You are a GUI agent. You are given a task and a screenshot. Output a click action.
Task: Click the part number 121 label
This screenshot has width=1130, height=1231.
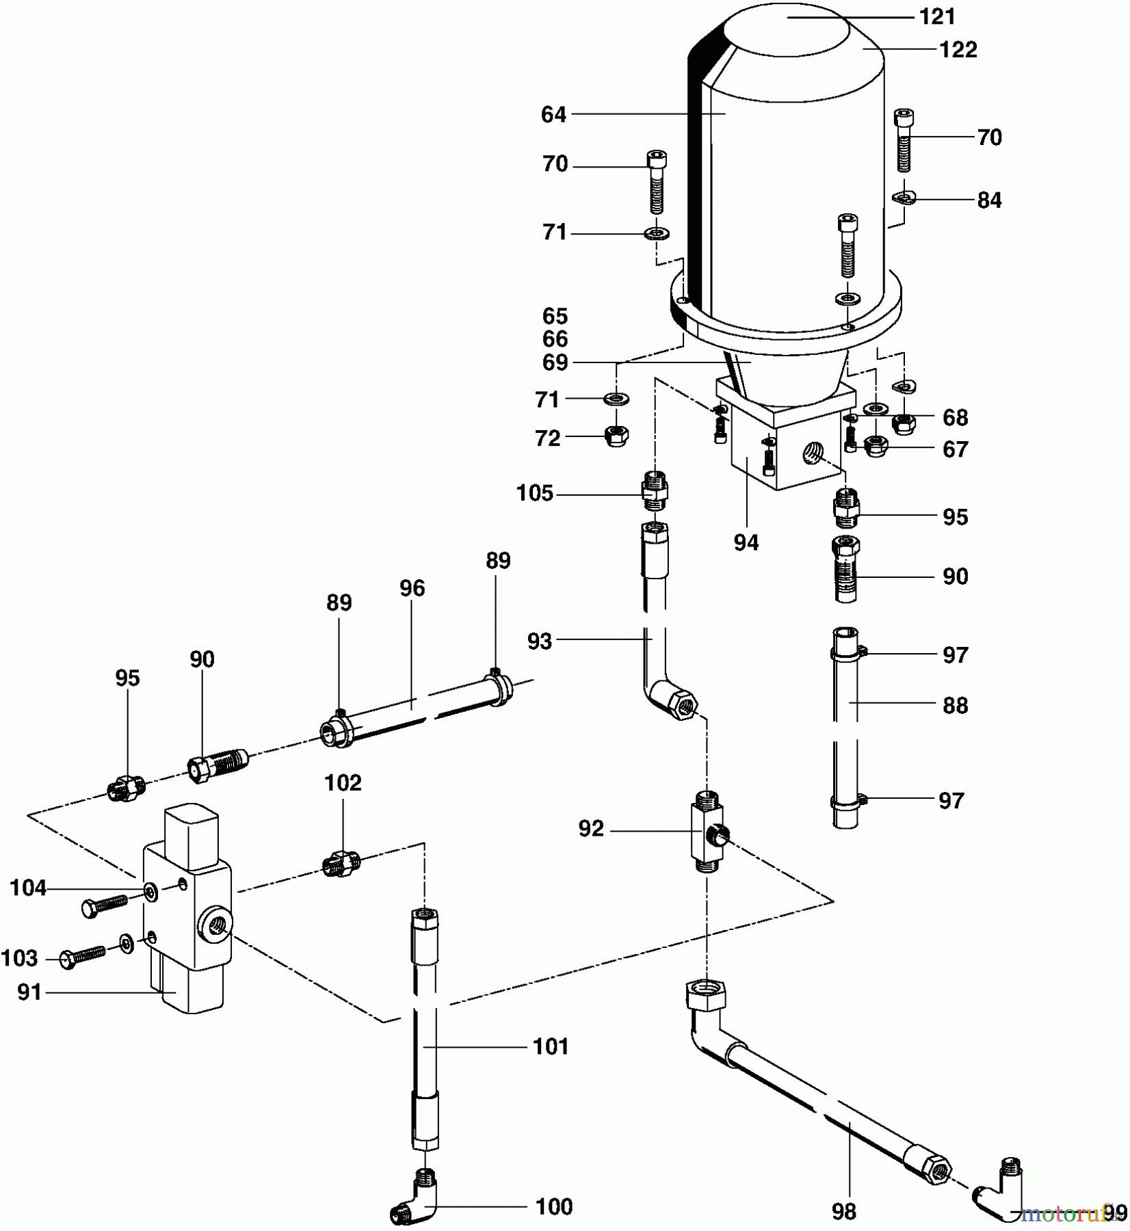click(936, 17)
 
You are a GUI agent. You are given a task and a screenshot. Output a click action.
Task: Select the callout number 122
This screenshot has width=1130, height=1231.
click(958, 50)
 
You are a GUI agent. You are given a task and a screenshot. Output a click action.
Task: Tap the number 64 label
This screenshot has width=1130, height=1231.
click(553, 115)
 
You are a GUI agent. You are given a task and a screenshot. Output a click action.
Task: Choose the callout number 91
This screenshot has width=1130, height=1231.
click(29, 992)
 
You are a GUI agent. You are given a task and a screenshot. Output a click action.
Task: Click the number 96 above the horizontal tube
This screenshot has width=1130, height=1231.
click(412, 588)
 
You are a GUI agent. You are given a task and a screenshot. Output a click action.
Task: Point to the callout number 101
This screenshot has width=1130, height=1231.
click(551, 1046)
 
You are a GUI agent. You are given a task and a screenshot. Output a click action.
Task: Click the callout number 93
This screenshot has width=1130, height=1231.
click(540, 641)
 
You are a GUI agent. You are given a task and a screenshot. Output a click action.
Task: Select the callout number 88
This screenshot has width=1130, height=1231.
click(955, 705)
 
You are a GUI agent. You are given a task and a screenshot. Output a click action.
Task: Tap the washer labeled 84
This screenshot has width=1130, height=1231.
click(904, 198)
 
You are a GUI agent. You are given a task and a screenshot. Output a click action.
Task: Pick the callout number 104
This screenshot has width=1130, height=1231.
click(28, 888)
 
